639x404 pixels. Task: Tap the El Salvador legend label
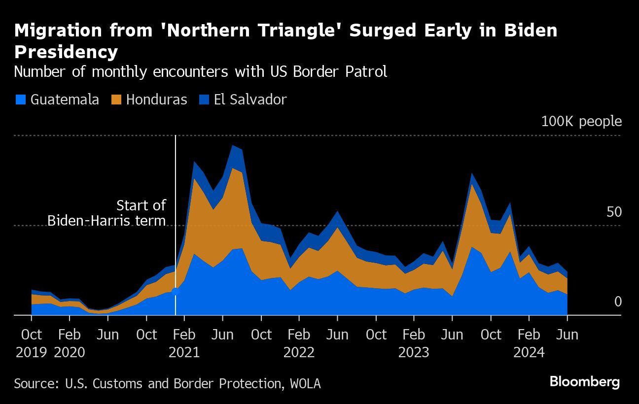click(x=250, y=100)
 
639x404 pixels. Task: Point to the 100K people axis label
click(x=581, y=121)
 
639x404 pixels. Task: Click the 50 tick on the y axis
click(x=614, y=212)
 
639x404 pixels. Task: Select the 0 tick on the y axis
click(x=618, y=302)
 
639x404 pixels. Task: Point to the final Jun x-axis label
click(x=567, y=335)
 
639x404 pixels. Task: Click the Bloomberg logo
click(x=585, y=382)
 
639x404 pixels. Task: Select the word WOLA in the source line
click(x=305, y=383)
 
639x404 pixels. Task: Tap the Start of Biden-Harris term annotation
click(x=106, y=213)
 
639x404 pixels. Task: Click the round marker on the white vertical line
click(x=176, y=292)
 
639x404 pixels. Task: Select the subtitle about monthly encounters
click(x=200, y=72)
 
